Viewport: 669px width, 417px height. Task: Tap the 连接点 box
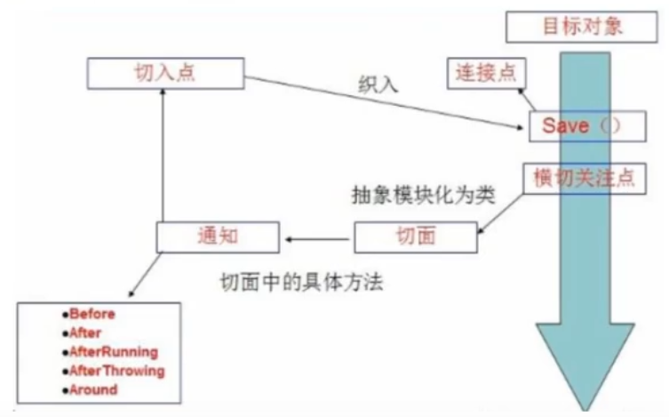485,70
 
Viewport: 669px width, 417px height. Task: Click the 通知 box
218,237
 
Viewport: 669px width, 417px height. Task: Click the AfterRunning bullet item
114,351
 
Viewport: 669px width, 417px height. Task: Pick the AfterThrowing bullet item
116,370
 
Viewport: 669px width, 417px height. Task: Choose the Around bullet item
93,389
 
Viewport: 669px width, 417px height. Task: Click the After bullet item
85,333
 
